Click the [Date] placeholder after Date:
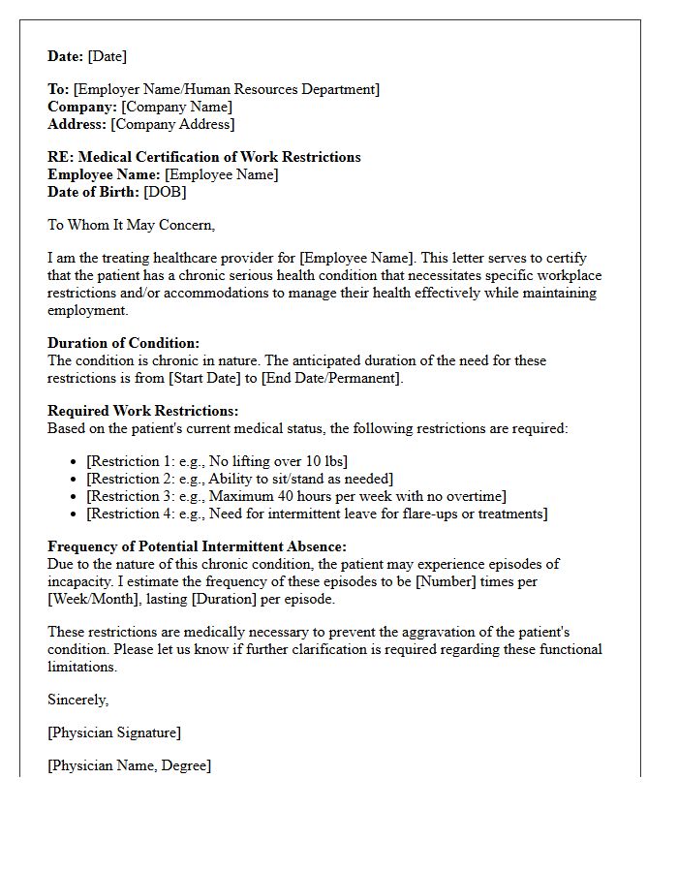(108, 56)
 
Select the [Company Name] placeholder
(176, 107)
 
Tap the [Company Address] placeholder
(172, 124)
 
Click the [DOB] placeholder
(165, 192)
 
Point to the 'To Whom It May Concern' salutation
(132, 225)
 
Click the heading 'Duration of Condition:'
(123, 343)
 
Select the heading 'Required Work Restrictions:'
(142, 411)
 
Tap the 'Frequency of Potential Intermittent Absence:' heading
(197, 546)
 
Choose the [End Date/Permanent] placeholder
(331, 378)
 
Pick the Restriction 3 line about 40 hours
(295, 496)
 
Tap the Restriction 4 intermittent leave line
(317, 514)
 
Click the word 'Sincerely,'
(78, 699)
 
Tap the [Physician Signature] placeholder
(114, 732)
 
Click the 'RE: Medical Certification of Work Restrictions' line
(203, 157)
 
